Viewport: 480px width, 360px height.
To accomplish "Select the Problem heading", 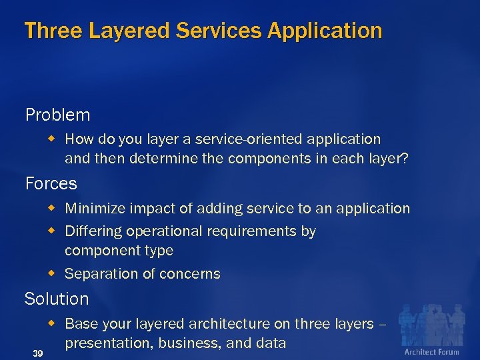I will pyautogui.click(x=57, y=115).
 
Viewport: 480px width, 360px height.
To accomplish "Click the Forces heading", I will pyautogui.click(x=51, y=183).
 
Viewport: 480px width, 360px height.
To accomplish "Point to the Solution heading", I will pyautogui.click(x=57, y=299).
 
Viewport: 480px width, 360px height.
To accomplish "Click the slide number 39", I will pyautogui.click(x=38, y=353).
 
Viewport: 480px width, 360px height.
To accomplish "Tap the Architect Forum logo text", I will pyautogui.click(x=431, y=351).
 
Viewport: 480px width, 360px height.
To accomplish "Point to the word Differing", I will pyautogui.click(x=91, y=231).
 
